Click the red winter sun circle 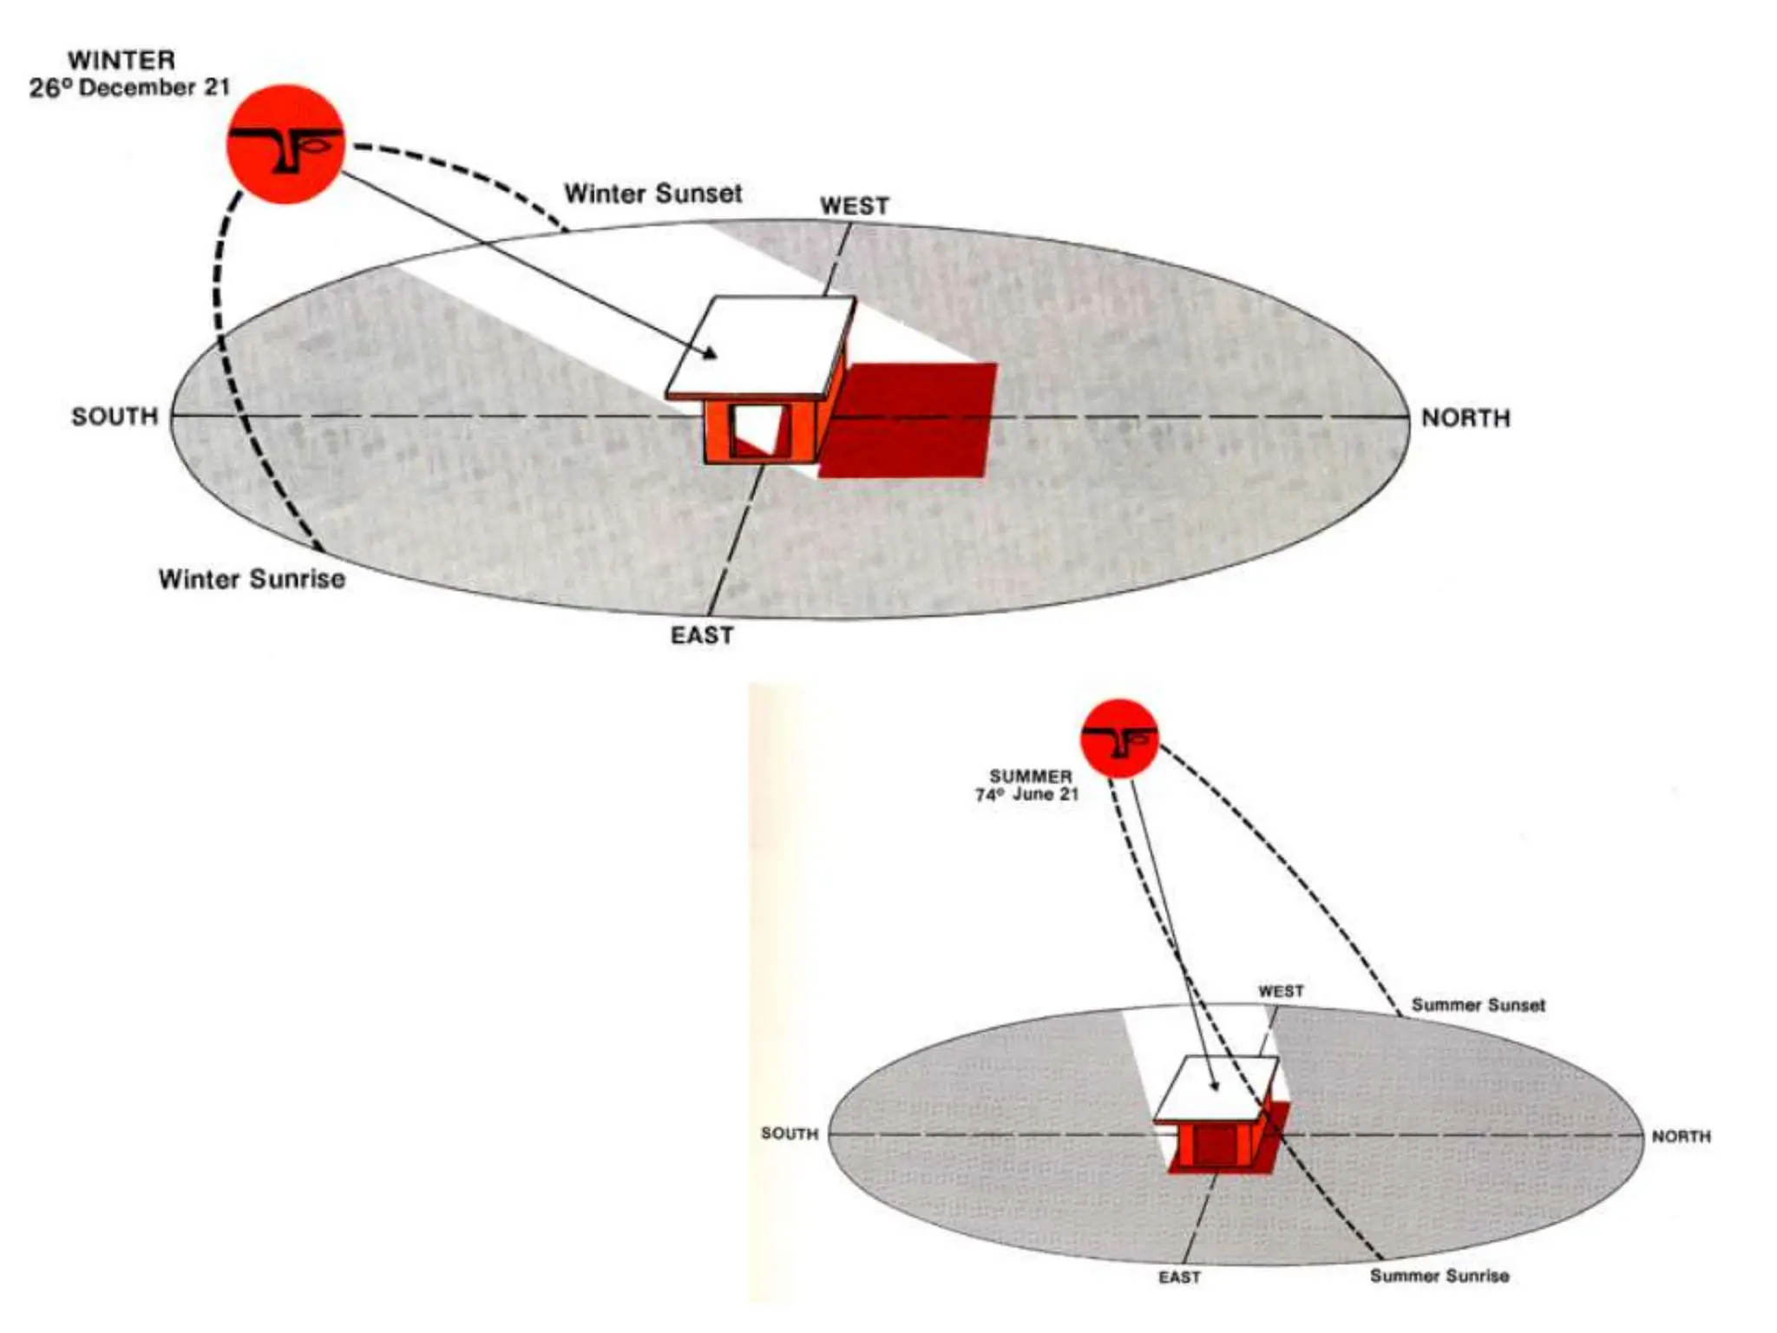coord(285,144)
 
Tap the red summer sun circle coord(1119,738)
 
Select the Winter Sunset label coord(653,194)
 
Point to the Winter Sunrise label coord(252,579)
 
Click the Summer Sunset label coord(1478,1005)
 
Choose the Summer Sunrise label coord(1439,1276)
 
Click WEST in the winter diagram coord(855,207)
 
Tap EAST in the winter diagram coord(702,636)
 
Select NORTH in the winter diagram coord(1466,418)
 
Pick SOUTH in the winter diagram coord(115,417)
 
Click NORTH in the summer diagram coord(1681,1136)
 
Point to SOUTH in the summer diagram coord(790,1133)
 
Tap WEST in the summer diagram coord(1281,991)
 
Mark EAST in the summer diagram coord(1179,1277)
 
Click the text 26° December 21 coord(129,89)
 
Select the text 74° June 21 coord(1026,794)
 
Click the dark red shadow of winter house coord(911,421)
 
